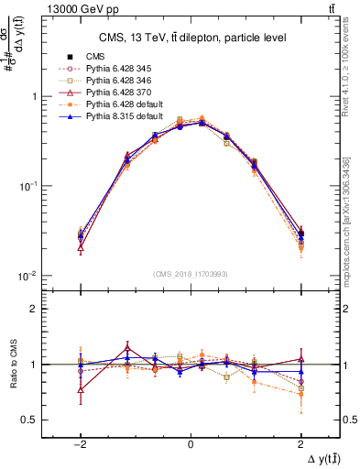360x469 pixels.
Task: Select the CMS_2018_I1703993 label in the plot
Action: pyautogui.click(x=190, y=273)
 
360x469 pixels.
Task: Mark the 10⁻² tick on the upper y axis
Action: pyautogui.click(x=29, y=276)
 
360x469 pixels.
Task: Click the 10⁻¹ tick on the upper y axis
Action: pyautogui.click(x=29, y=186)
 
